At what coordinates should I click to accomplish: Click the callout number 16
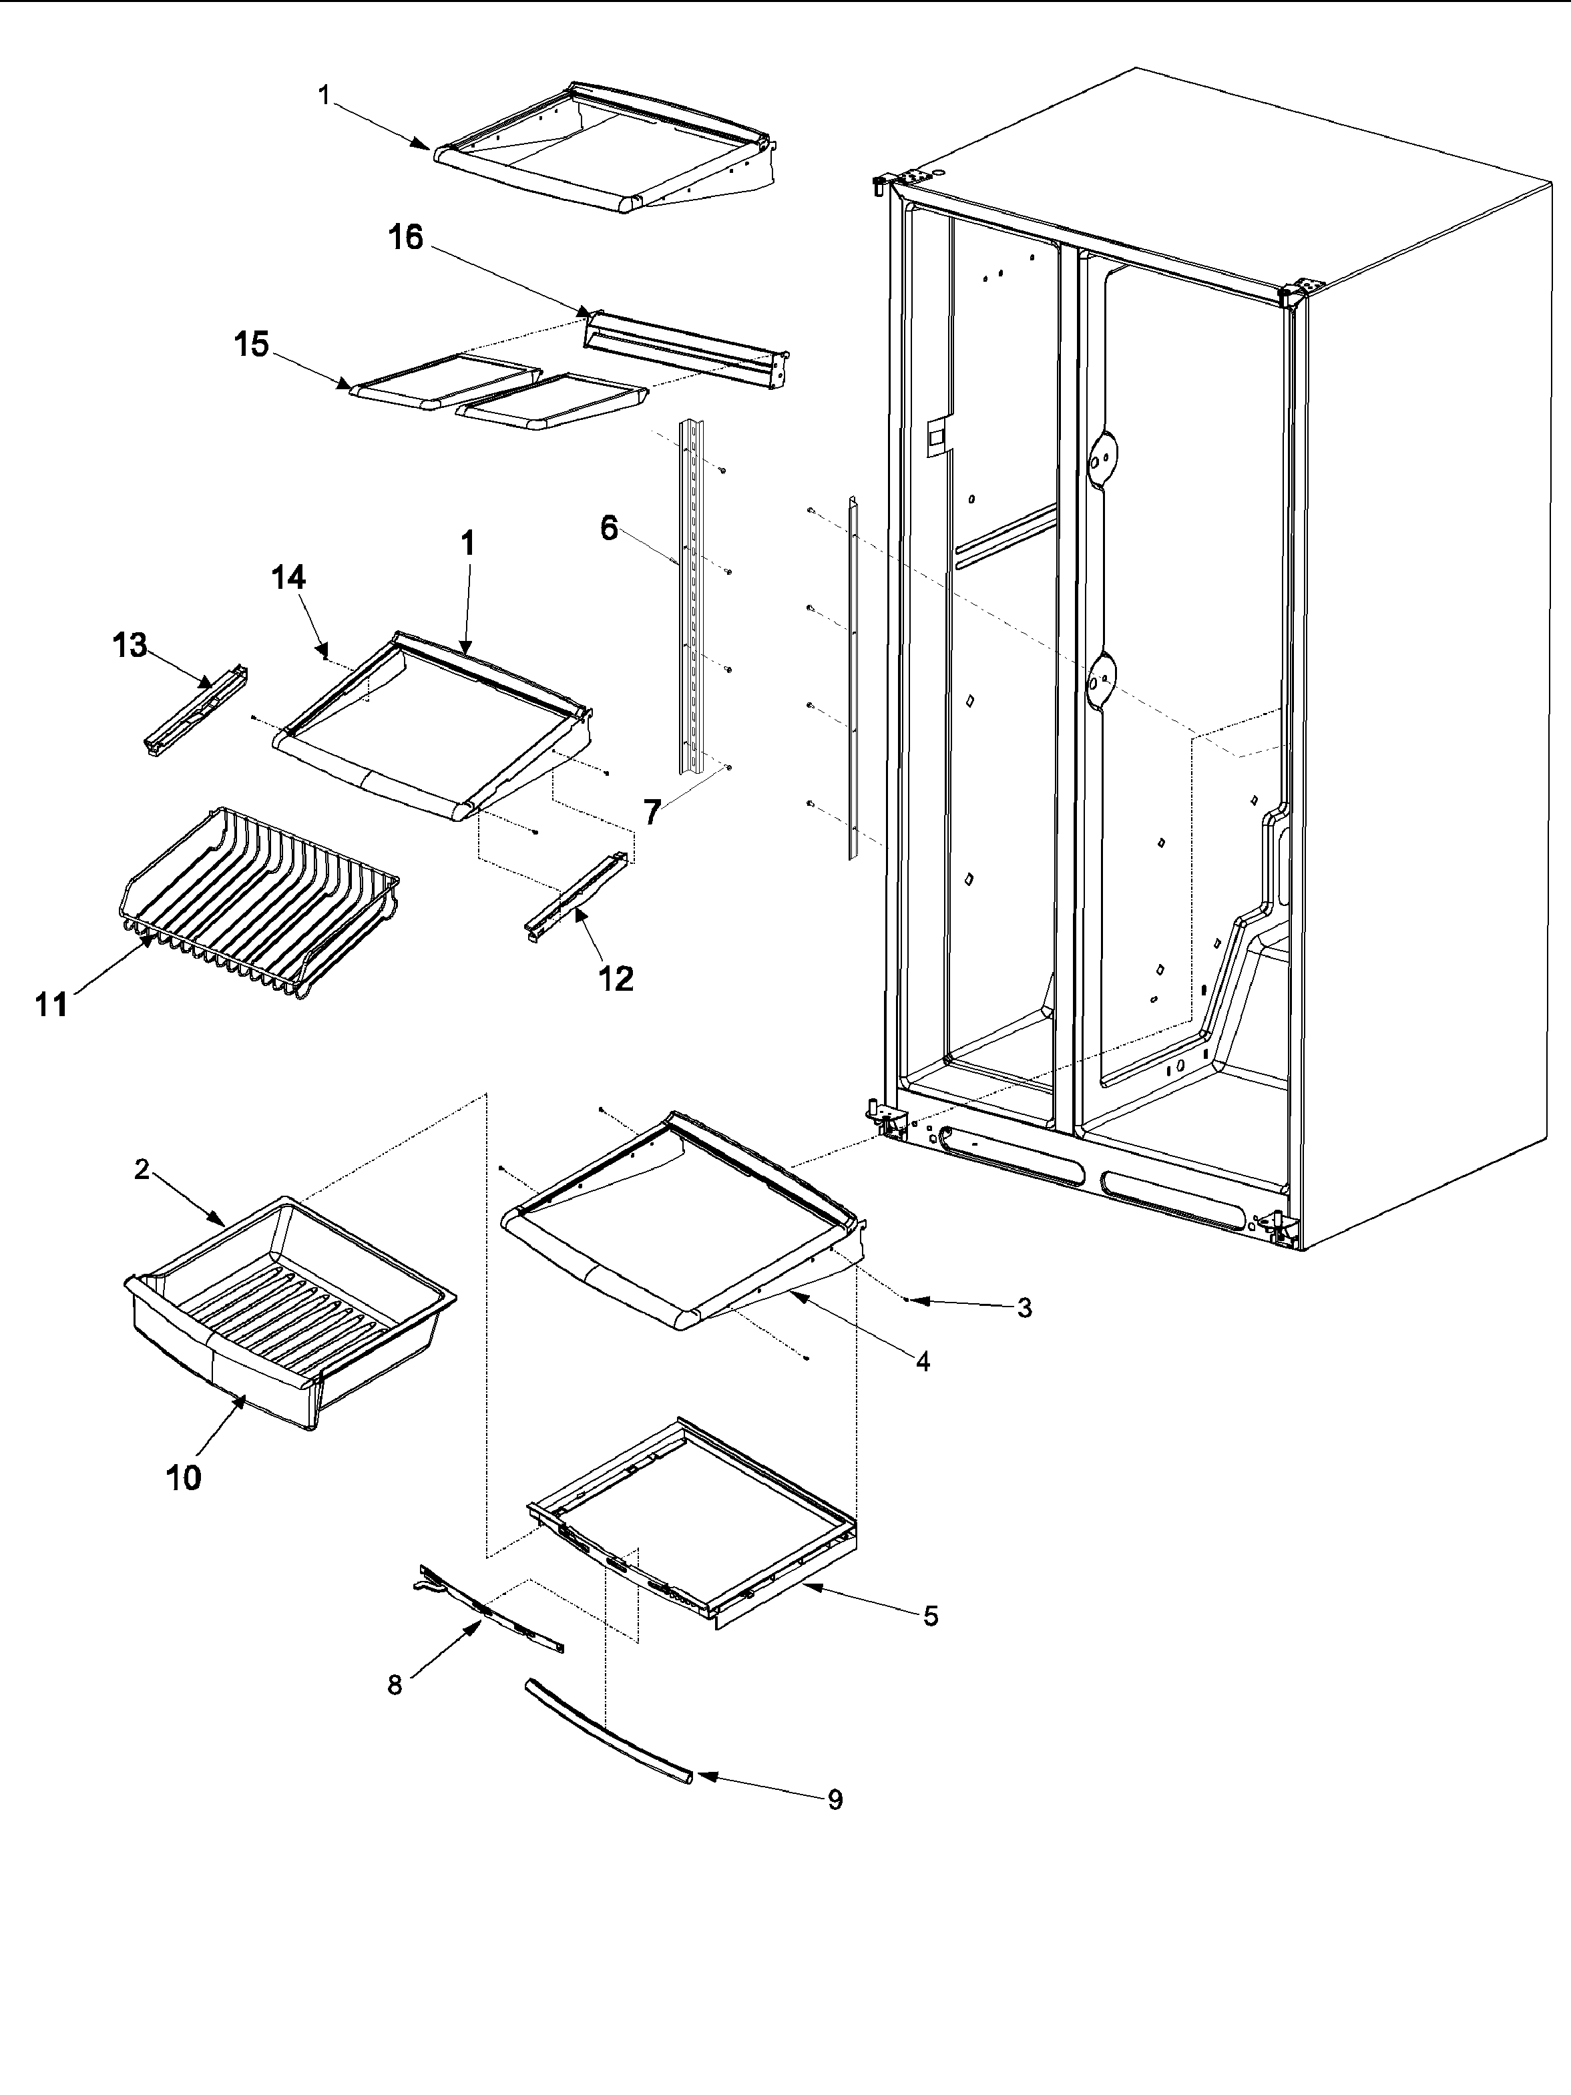coord(405,238)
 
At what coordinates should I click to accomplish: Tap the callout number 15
coord(252,344)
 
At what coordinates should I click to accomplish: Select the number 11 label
coord(52,1005)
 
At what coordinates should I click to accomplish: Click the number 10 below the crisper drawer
coord(184,1477)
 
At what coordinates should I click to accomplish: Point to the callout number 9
coord(835,1799)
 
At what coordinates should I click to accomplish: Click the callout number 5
coord(931,1616)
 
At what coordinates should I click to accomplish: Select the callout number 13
coord(130,646)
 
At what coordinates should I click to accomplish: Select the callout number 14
coord(289,577)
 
